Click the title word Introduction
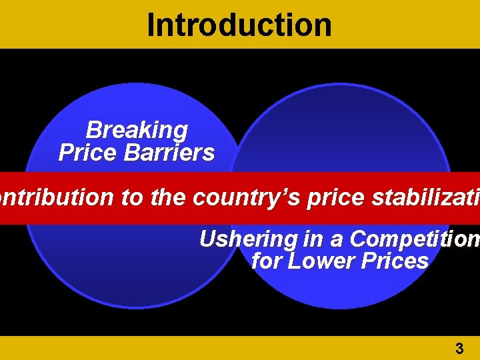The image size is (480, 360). tap(239, 25)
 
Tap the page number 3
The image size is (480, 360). tap(459, 348)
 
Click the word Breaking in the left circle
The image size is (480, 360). tap(137, 129)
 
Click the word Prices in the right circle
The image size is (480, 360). tap(396, 261)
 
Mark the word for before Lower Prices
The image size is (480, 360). tap(267, 261)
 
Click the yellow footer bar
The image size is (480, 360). tap(200, 348)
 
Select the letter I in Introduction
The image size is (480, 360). tap(151, 25)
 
